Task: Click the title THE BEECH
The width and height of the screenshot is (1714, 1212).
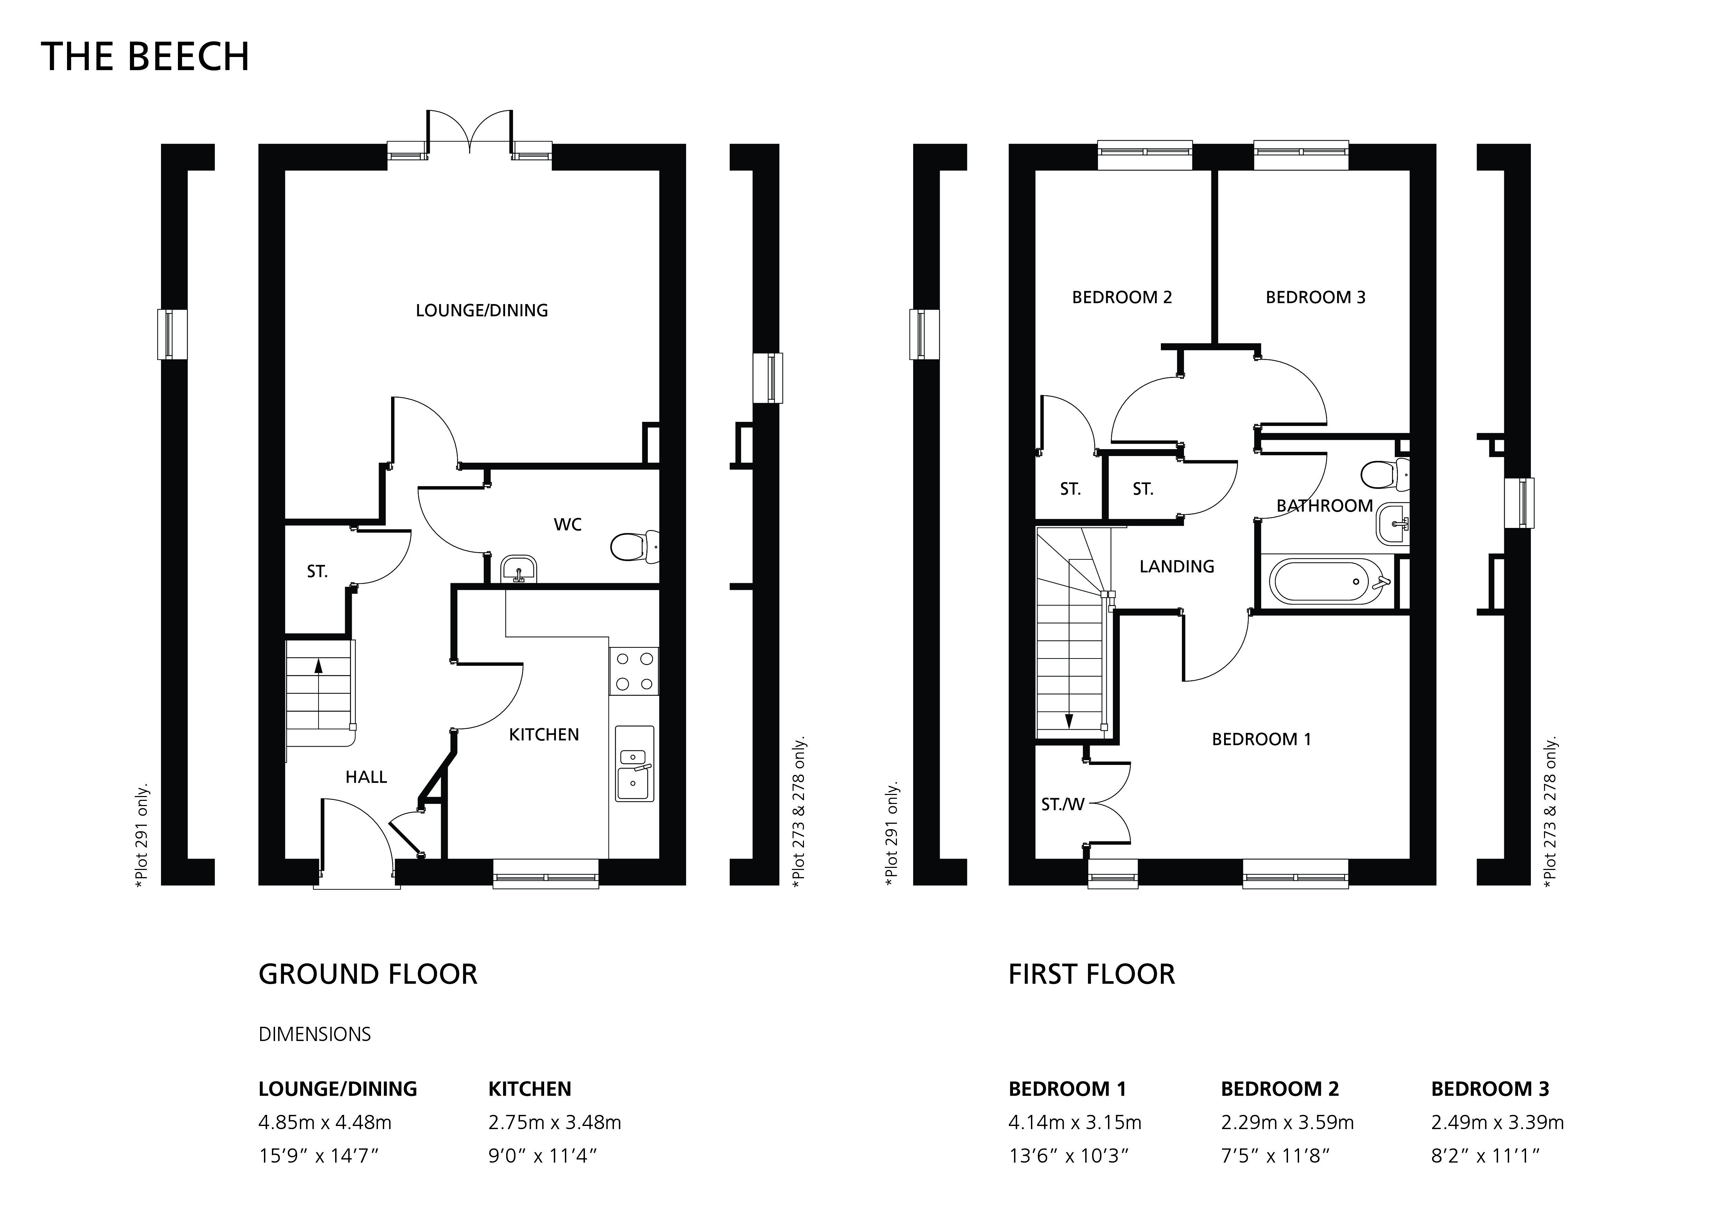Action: point(145,57)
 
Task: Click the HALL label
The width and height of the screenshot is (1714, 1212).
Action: point(366,777)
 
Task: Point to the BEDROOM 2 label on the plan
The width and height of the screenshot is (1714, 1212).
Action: point(1122,297)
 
